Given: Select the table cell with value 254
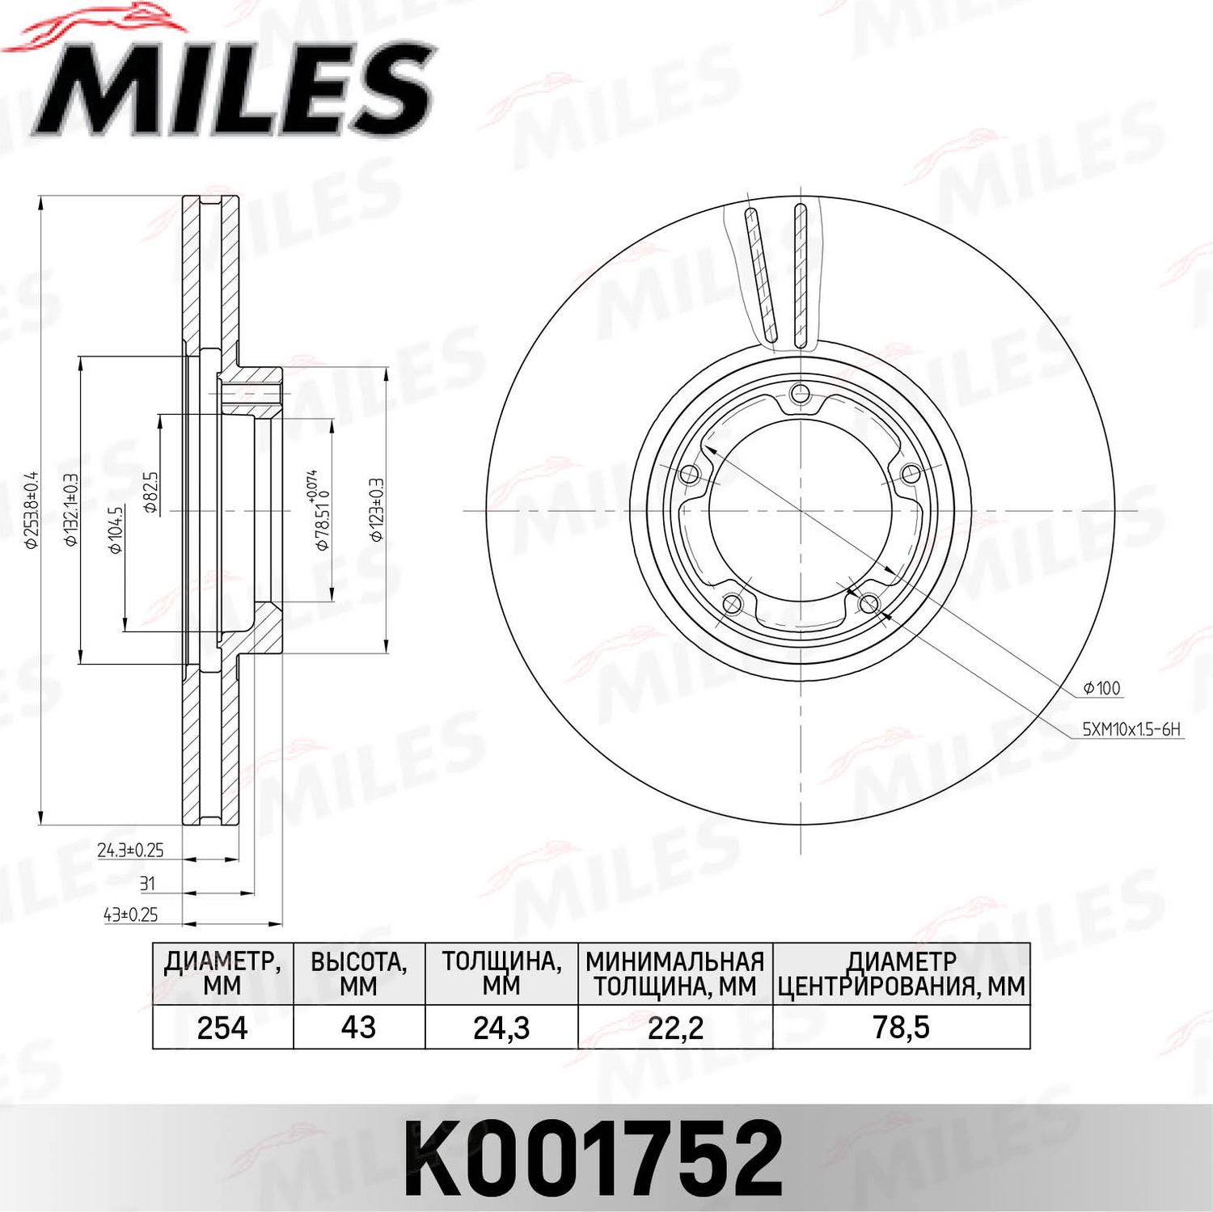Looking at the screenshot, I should (x=222, y=1028).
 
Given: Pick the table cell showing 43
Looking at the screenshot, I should (x=358, y=1028).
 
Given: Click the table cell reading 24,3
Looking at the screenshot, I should (x=501, y=1028).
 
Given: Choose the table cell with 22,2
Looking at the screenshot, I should (x=675, y=1028).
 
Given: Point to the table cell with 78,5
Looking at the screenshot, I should (x=901, y=1028).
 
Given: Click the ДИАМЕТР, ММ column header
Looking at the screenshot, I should (x=222, y=973).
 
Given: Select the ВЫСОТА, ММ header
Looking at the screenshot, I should (x=358, y=973).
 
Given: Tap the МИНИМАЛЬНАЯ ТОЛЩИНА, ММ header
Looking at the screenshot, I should (x=675, y=973).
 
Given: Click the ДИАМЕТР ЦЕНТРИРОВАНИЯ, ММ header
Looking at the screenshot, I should (x=901, y=973).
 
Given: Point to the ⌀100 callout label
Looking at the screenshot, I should (x=1101, y=688).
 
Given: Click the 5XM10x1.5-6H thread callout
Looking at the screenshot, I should (x=1131, y=729).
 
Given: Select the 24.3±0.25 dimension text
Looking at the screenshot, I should (x=130, y=850).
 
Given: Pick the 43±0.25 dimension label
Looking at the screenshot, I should (x=130, y=914).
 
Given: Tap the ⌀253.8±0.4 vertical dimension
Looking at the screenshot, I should (x=32, y=510).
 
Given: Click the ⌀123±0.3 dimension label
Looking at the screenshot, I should (x=376, y=509).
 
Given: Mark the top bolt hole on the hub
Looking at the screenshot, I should (x=800, y=394).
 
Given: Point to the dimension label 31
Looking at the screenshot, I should (x=146, y=883).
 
